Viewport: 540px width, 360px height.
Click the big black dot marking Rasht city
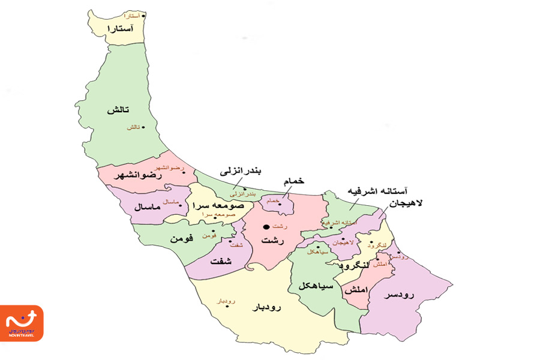[x=267, y=227]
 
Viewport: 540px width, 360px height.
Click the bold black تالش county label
[x=119, y=111]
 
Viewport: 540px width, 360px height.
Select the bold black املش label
[x=355, y=290]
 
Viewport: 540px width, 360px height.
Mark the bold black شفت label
[x=221, y=262]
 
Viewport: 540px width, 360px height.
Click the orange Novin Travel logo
[x=22, y=323]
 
